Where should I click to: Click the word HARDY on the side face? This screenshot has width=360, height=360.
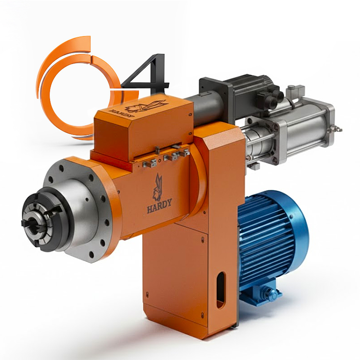click(x=159, y=205)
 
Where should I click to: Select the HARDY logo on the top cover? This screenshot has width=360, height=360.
click(x=144, y=107)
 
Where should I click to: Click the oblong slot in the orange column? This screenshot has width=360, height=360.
click(x=221, y=290)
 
